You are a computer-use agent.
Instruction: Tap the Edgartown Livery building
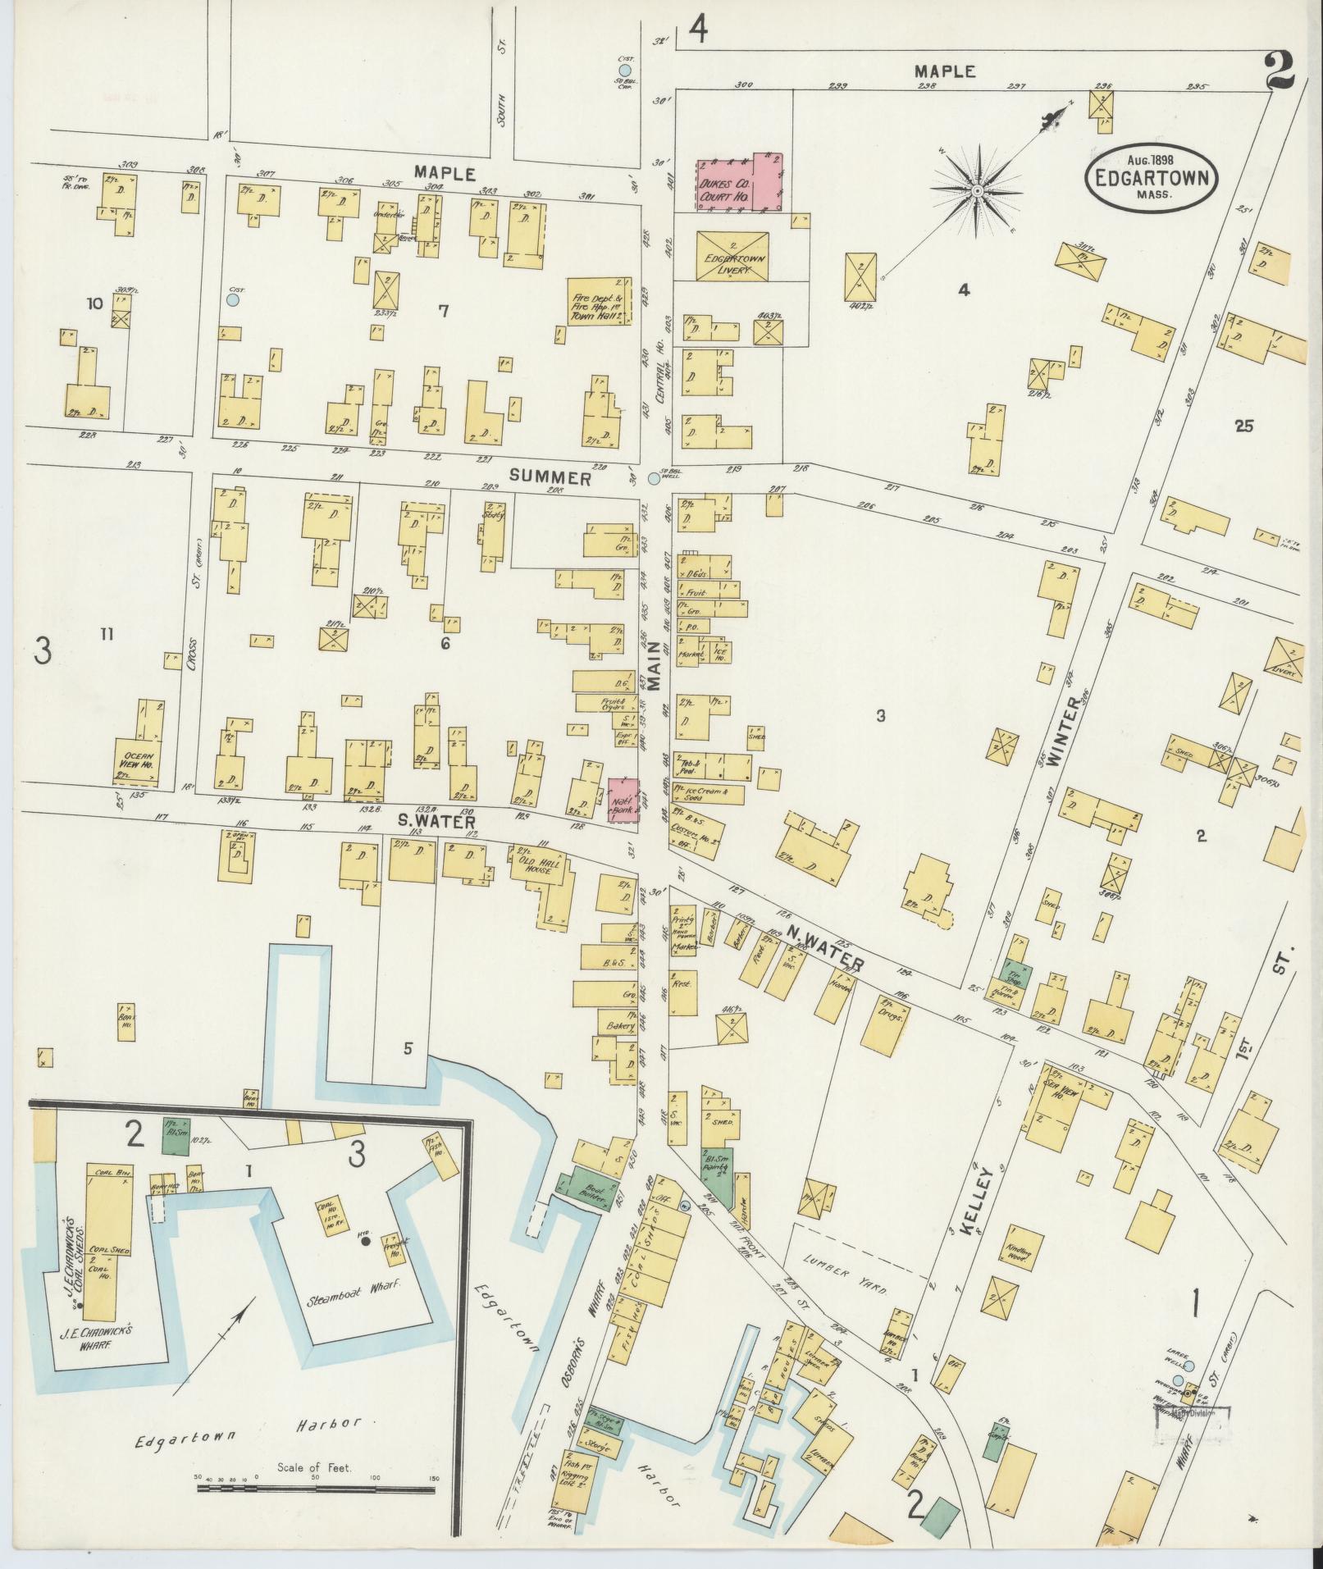pos(732,255)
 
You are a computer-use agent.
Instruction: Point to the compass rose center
pos(977,191)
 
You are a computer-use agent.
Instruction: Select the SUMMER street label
pos(550,478)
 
